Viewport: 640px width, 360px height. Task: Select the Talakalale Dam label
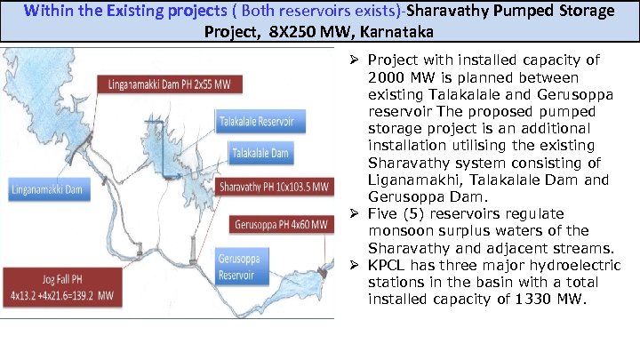[260, 153]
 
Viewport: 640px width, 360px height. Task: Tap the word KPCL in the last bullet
[387, 266]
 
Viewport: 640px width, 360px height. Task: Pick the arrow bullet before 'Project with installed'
[353, 60]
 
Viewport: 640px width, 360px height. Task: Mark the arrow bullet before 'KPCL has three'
[353, 266]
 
